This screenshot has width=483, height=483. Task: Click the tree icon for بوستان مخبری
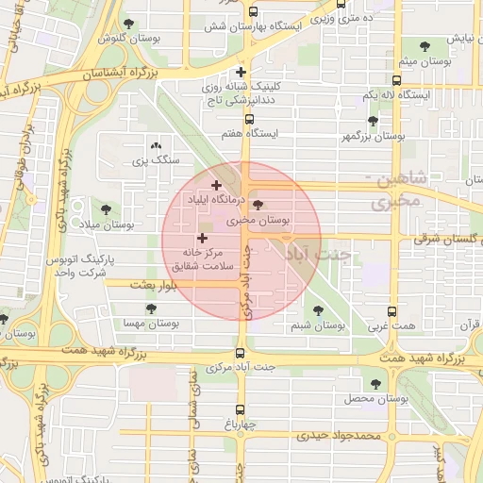click(x=259, y=205)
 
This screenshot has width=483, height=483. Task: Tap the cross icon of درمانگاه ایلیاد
click(x=217, y=186)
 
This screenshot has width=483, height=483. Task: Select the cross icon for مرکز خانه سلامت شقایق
click(x=201, y=239)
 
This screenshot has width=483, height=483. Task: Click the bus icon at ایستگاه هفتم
click(x=249, y=120)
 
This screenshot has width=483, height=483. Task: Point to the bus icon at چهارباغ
click(x=241, y=409)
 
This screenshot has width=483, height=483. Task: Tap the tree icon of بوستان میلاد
click(x=105, y=209)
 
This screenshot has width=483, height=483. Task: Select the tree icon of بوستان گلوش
click(x=128, y=24)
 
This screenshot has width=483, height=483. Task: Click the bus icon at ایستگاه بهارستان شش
click(x=252, y=13)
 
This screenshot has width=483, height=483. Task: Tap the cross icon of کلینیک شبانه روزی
click(x=241, y=72)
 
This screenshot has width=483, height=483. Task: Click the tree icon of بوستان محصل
click(x=376, y=384)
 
